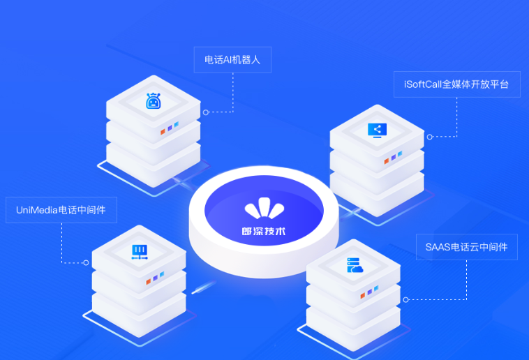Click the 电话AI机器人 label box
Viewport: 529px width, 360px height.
pyautogui.click(x=232, y=60)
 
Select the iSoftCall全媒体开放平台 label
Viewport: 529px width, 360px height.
pyautogui.click(x=457, y=84)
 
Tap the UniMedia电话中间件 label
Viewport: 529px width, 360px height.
pyautogui.click(x=61, y=210)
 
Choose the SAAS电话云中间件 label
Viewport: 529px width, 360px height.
pyautogui.click(x=467, y=247)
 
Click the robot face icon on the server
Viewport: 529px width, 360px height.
pyautogui.click(x=154, y=101)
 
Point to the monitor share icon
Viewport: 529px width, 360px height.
pyautogui.click(x=377, y=130)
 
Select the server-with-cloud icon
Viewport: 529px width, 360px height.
pyautogui.click(x=355, y=265)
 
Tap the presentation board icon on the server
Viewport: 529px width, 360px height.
pyautogui.click(x=140, y=252)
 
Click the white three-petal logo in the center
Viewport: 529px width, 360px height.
pyautogui.click(x=264, y=208)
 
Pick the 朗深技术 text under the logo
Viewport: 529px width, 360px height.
pyautogui.click(x=264, y=231)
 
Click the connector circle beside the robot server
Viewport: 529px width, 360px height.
pyautogui.click(x=206, y=112)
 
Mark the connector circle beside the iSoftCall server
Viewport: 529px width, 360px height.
pyautogui.click(x=429, y=137)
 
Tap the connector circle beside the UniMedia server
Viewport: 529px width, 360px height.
pyautogui.click(x=86, y=262)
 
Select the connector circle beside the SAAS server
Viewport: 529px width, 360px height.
pyautogui.click(x=406, y=299)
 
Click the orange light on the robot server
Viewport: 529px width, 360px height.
pyautogui.click(x=163, y=132)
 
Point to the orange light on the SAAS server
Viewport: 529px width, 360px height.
pyautogui.click(x=363, y=296)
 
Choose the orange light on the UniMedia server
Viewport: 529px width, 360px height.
pyautogui.click(x=149, y=281)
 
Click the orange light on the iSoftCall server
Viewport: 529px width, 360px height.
pyautogui.click(x=387, y=161)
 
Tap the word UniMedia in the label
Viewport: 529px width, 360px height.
pyautogui.click(x=37, y=210)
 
